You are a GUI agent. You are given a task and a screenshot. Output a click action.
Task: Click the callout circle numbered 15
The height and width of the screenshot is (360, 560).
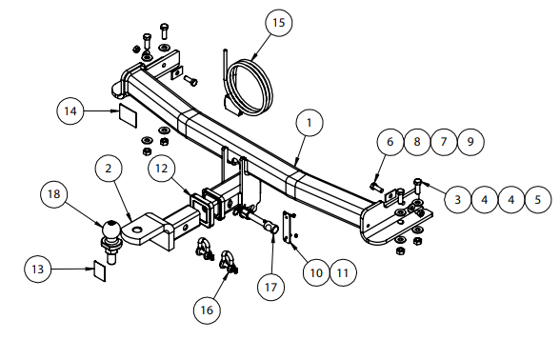[x=278, y=23]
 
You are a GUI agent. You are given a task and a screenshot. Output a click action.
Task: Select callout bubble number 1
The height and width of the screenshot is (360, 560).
[x=310, y=123]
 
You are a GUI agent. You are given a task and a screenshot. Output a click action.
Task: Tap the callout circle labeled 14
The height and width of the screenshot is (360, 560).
[x=70, y=111]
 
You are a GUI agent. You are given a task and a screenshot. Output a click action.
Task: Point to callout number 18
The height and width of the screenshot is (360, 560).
[x=54, y=194]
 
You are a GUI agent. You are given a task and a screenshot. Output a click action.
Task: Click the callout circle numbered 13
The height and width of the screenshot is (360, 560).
[x=37, y=269]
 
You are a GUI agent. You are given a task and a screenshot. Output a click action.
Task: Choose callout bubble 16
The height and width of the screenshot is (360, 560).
[x=207, y=310]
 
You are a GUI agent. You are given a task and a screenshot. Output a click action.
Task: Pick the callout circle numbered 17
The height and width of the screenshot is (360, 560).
[x=271, y=287]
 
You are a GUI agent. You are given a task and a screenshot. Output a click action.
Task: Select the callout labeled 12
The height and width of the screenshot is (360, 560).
[x=162, y=169]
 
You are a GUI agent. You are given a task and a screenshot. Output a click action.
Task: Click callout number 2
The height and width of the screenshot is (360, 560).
[x=109, y=169]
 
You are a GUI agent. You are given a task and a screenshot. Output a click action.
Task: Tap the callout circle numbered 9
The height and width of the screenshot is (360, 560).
[x=470, y=142]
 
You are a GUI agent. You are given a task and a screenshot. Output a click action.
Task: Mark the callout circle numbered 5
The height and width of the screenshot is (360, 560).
[x=538, y=199]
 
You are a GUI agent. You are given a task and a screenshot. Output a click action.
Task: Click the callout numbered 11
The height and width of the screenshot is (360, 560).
[x=343, y=273]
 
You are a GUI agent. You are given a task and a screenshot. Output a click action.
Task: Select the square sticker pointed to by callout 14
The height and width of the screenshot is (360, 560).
[x=128, y=115]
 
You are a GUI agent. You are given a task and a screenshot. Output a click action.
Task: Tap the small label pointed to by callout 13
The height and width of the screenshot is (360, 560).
[x=100, y=270]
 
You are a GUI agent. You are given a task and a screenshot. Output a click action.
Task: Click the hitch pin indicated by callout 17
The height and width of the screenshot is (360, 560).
[x=257, y=220]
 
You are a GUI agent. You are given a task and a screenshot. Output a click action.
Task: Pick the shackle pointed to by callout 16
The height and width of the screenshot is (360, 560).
[x=229, y=264]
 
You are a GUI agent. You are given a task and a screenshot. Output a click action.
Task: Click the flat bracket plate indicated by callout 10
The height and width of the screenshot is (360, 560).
[x=288, y=227]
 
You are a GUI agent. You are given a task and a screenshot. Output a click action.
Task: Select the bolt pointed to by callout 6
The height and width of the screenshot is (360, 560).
[x=376, y=187]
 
